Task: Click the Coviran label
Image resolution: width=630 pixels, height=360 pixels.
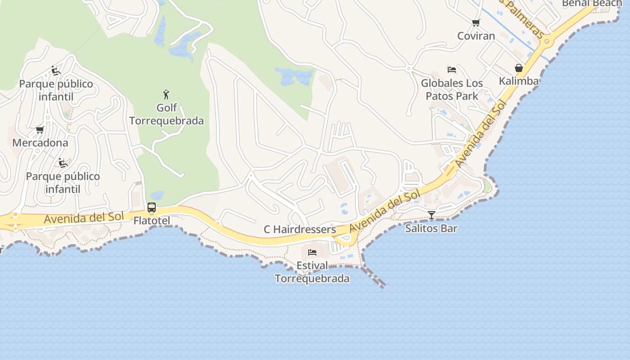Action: [x=476, y=36]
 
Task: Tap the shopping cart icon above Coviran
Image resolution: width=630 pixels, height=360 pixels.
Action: [x=476, y=22]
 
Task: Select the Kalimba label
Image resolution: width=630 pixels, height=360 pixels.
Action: [x=519, y=81]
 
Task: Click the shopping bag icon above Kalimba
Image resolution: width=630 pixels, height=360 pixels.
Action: [x=519, y=68]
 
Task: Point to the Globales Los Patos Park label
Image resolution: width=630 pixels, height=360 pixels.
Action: [x=452, y=90]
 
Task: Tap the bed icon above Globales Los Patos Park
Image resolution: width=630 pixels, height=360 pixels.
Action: [x=452, y=70]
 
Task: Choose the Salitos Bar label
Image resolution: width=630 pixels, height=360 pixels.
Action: [x=431, y=228]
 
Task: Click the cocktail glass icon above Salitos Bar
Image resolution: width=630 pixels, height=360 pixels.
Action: [x=431, y=215]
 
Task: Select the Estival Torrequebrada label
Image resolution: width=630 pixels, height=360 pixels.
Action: [x=312, y=272]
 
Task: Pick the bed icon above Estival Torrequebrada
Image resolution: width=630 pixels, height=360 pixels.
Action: [x=312, y=252]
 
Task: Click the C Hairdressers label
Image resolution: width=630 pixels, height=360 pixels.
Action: [x=300, y=229]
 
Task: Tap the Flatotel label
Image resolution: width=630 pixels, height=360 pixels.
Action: [x=152, y=220]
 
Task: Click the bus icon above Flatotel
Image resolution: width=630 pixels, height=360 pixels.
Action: [x=152, y=207]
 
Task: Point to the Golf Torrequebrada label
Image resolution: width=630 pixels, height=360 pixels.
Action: [x=166, y=114]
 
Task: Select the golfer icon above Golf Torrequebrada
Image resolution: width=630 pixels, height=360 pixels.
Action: [x=166, y=94]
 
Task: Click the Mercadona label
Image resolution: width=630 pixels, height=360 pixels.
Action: [x=40, y=143]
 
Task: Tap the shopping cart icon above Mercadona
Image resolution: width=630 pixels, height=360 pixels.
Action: [x=40, y=130]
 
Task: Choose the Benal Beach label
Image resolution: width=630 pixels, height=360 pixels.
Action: [x=591, y=4]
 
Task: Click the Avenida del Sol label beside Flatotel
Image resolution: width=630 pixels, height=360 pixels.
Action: [x=84, y=218]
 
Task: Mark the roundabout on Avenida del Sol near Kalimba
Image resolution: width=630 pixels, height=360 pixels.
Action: [x=547, y=42]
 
